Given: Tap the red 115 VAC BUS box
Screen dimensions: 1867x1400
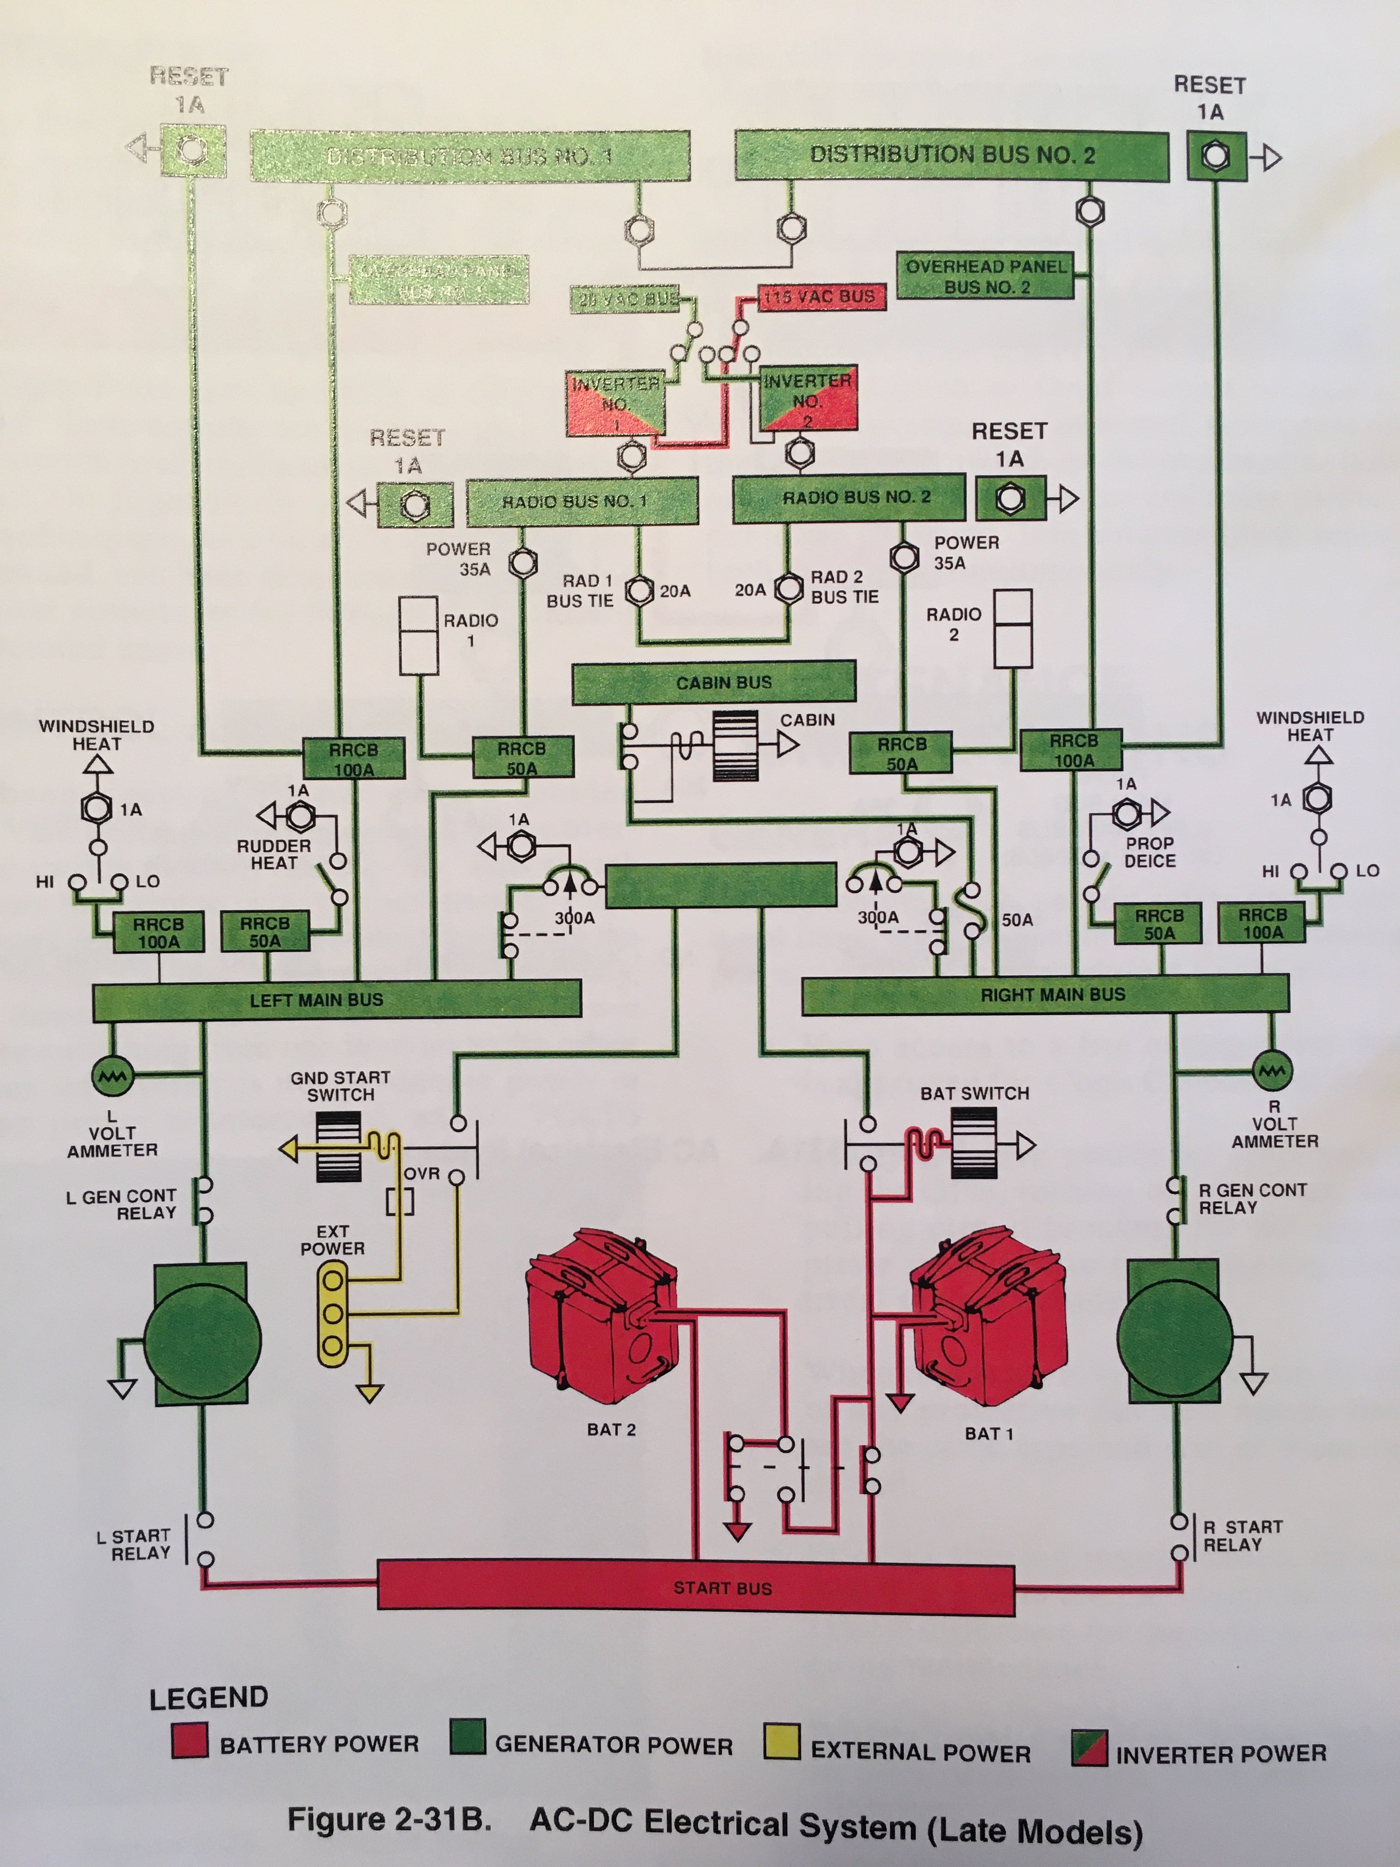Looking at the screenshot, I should pyautogui.click(x=821, y=297).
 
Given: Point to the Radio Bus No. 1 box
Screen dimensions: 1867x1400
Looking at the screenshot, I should pyautogui.click(x=582, y=501).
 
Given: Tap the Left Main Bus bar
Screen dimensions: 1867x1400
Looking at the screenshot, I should pyautogui.click(x=336, y=999).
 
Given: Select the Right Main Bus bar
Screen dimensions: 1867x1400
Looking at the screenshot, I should pyautogui.click(x=1045, y=994).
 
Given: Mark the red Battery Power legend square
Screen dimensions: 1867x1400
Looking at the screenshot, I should pyautogui.click(x=190, y=1741).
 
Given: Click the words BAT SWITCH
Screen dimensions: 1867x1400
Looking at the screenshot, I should pyautogui.click(x=975, y=1093).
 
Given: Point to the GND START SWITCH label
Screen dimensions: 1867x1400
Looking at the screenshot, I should pyautogui.click(x=340, y=1086).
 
